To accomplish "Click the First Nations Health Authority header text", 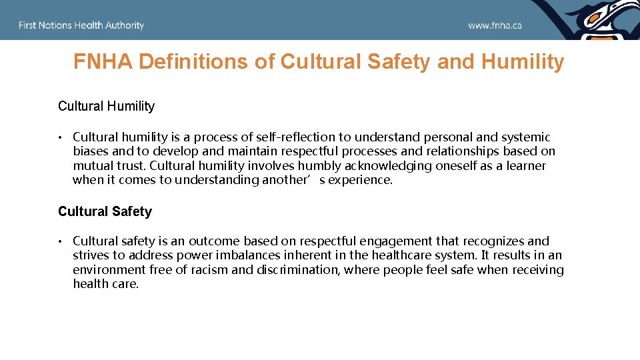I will click(x=81, y=25).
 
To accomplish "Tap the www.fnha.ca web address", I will click(x=495, y=25).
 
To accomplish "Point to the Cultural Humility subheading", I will click(x=106, y=106).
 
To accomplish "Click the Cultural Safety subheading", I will click(x=105, y=211).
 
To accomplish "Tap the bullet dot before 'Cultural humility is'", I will click(x=59, y=137).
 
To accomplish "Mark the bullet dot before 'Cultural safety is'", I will click(x=59, y=241).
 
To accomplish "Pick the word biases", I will click(x=91, y=151).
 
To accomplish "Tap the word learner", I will click(x=525, y=165).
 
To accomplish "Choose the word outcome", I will click(x=214, y=241).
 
